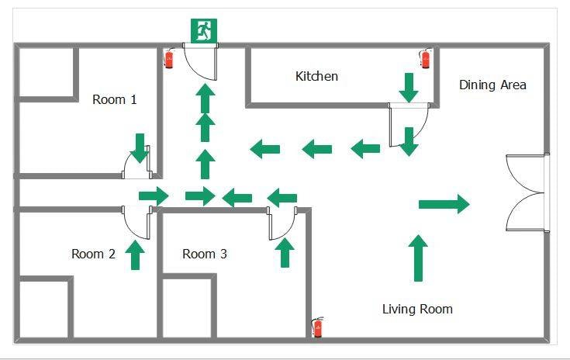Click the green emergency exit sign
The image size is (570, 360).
(204, 31)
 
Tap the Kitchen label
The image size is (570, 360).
(316, 76)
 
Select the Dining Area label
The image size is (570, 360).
(492, 85)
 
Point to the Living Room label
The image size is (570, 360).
(417, 309)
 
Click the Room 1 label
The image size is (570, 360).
(114, 99)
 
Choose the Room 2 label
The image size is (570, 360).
(93, 254)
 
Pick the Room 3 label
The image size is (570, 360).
(205, 254)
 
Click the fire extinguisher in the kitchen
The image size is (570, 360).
(425, 58)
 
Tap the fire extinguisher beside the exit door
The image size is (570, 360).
(169, 59)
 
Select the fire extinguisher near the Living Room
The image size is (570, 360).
(317, 327)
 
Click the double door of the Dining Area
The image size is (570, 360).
(527, 193)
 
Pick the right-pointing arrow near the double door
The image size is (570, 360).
(444, 204)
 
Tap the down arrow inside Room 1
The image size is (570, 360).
(140, 147)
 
